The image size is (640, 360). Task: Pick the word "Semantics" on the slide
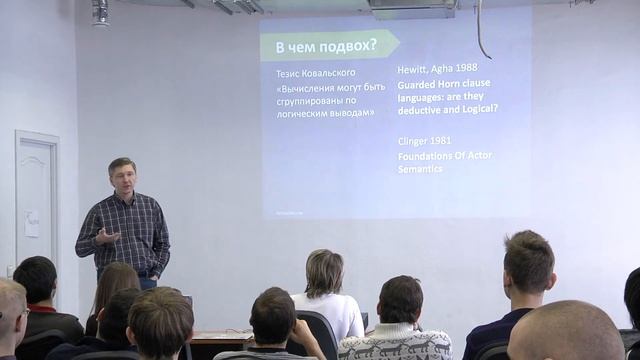[x=420, y=169]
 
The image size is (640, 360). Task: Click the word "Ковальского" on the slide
[x=338, y=74]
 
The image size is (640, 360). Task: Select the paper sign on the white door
[x=32, y=221]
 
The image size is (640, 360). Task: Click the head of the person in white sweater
[x=324, y=272]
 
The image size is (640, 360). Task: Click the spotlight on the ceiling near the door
[x=100, y=12]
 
